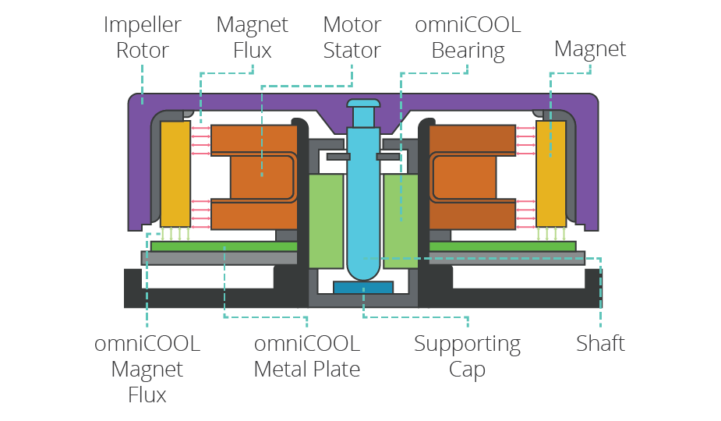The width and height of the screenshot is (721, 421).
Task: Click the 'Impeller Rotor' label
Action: pyautogui.click(x=143, y=37)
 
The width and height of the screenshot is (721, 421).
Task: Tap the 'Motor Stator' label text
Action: pyautogui.click(x=351, y=37)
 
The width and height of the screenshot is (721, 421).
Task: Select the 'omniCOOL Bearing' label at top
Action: pyautogui.click(x=468, y=37)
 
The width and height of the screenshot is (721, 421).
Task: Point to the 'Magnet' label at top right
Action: pyautogui.click(x=590, y=49)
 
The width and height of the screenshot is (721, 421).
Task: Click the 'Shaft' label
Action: pyautogui.click(x=600, y=343)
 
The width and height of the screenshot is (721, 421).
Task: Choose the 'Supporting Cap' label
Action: pyautogui.click(x=467, y=356)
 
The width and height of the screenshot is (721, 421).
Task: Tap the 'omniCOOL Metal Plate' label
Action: pyautogui.click(x=307, y=356)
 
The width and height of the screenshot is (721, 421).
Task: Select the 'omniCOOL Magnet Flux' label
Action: pyautogui.click(x=147, y=369)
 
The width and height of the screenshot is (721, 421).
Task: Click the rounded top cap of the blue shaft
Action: pyautogui.click(x=363, y=103)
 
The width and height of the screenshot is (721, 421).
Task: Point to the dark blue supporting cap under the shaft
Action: pyautogui.click(x=363, y=288)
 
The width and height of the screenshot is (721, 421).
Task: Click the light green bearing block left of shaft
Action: pyautogui.click(x=326, y=221)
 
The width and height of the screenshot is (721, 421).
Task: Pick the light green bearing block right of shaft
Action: pyautogui.click(x=401, y=221)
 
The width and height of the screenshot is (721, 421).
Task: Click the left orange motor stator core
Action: pyautogui.click(x=253, y=177)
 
